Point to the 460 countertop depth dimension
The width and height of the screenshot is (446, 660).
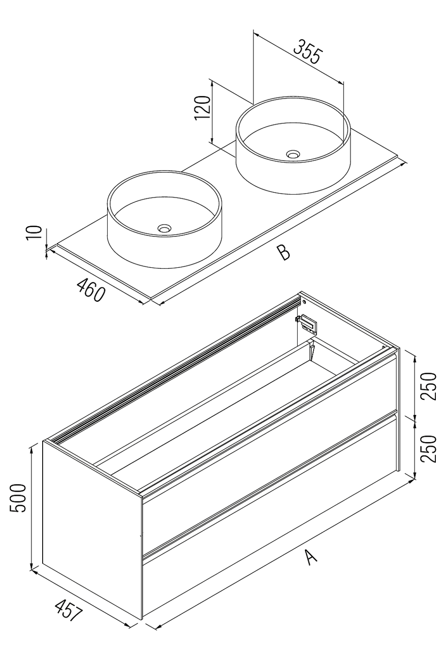91,289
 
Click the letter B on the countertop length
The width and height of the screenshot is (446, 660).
283,253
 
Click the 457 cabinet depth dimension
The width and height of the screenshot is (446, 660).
68,611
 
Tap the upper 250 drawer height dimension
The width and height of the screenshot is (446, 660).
429,386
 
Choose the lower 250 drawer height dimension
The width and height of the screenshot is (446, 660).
429,449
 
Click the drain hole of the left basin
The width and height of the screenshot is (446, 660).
164,227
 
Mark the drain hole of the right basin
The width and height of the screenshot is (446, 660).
293,154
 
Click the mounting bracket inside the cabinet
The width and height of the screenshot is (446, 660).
307,323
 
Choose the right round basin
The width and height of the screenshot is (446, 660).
292,145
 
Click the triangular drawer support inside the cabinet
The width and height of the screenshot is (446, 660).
312,350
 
